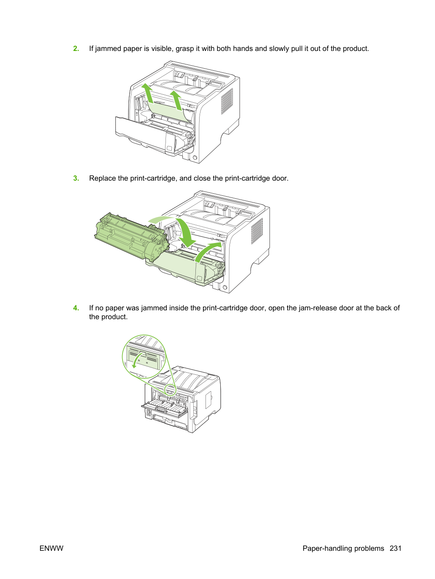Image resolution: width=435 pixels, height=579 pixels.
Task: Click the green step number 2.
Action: pyautogui.click(x=76, y=49)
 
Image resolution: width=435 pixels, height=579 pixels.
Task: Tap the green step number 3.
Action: pyautogui.click(x=76, y=178)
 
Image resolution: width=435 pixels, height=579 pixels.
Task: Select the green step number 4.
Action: pyautogui.click(x=76, y=308)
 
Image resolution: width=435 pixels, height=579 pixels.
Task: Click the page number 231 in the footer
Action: pyautogui.click(x=395, y=548)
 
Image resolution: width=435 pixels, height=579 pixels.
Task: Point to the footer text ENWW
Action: pyautogui.click(x=51, y=548)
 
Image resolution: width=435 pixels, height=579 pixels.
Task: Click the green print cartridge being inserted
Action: pyautogui.click(x=131, y=237)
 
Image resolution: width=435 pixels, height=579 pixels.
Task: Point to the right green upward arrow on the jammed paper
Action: pyautogui.click(x=176, y=100)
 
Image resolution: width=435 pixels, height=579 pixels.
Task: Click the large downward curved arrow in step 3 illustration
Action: pyautogui.click(x=179, y=230)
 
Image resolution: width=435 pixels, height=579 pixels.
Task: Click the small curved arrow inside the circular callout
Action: pyautogui.click(x=137, y=359)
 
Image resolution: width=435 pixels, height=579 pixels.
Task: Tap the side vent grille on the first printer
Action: pyautogui.click(x=227, y=101)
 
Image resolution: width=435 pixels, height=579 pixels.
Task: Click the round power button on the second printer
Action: pyautogui.click(x=225, y=287)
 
